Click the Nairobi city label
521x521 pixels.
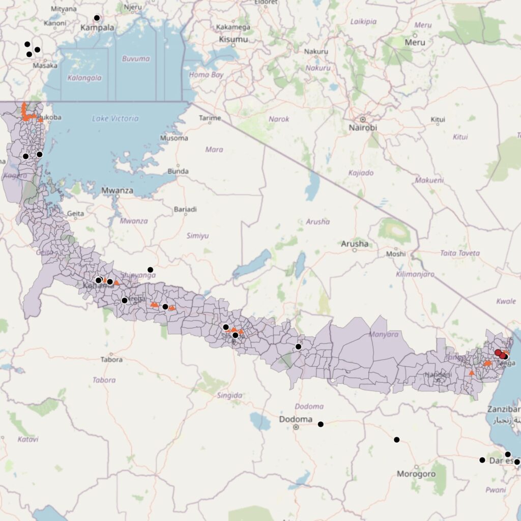[x=363, y=128]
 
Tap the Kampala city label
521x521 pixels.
[x=97, y=27]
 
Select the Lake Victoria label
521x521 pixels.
[x=115, y=119]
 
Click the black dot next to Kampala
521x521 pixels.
[x=97, y=18]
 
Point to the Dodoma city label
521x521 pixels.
[x=296, y=419]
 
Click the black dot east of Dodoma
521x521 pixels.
[x=321, y=424]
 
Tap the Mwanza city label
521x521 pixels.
[x=117, y=191]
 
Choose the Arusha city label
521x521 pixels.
[x=355, y=244]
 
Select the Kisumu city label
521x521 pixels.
[x=233, y=39]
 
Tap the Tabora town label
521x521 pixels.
[x=112, y=360]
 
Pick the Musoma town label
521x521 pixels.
[x=174, y=138]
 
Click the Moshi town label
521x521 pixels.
[x=396, y=253]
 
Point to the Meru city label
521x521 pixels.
[x=415, y=42]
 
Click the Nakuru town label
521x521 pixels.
[x=316, y=51]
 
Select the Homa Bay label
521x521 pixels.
[x=206, y=75]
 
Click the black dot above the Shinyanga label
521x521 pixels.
[x=150, y=269]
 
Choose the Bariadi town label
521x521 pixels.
[x=185, y=209]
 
